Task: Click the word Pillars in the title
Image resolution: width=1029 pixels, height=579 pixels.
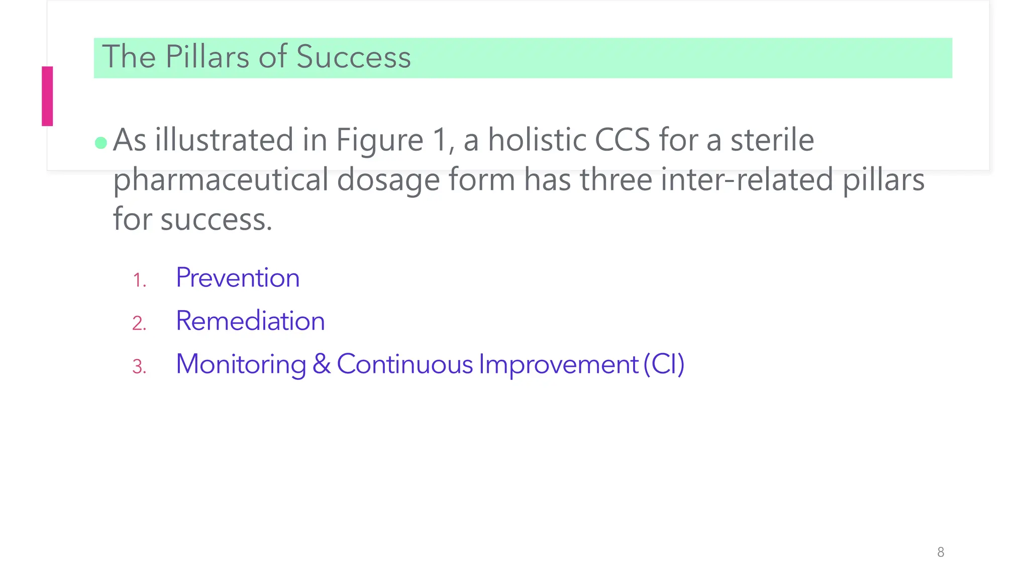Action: (x=208, y=56)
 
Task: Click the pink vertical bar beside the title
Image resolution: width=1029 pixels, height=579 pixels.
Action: (x=47, y=96)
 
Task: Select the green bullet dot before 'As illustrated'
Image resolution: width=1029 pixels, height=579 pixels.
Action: (x=101, y=143)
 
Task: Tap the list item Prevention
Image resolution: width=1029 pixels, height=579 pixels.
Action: (x=238, y=277)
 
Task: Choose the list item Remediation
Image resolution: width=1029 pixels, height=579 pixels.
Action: (x=250, y=321)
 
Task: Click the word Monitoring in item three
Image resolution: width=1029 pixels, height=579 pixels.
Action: (x=241, y=364)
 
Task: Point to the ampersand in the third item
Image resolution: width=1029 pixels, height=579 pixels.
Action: (x=322, y=364)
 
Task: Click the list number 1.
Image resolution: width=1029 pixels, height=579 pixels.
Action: (x=139, y=280)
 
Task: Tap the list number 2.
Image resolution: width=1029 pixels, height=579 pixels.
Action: (x=139, y=323)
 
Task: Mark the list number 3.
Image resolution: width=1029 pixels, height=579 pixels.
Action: (x=139, y=367)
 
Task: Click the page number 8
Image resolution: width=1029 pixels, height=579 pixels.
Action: (x=941, y=552)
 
